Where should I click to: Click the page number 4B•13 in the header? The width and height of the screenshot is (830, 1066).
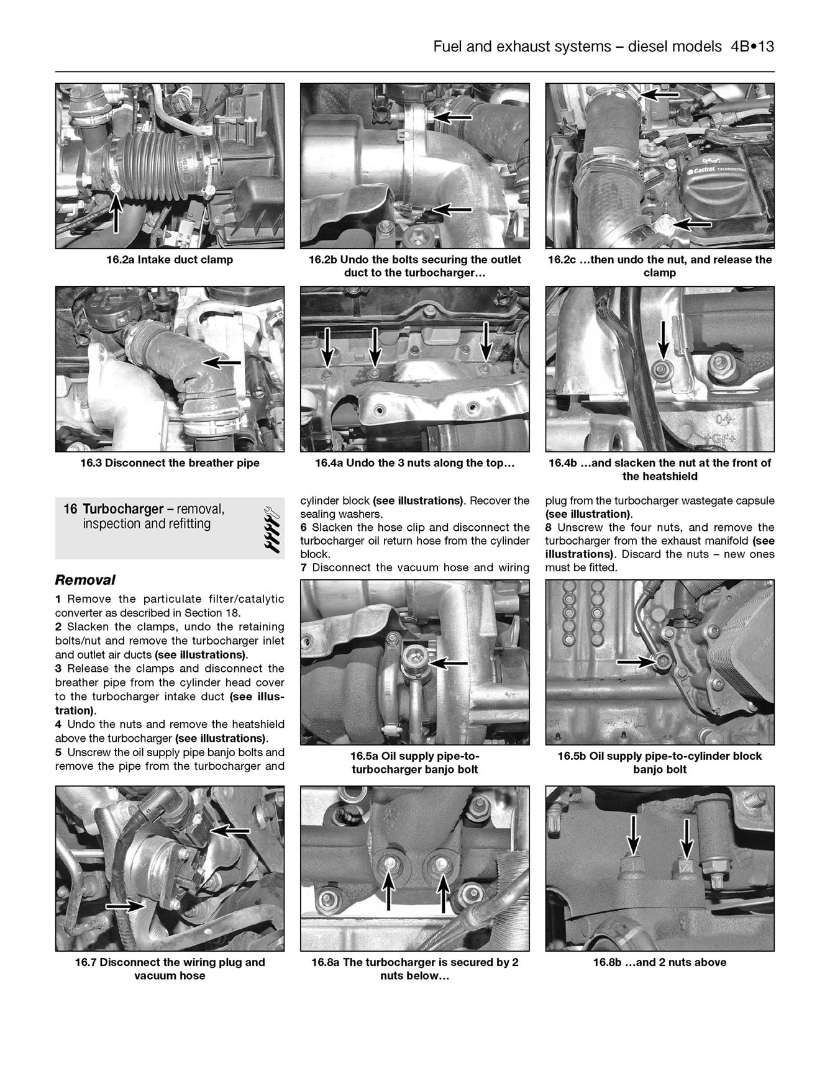pos(748,47)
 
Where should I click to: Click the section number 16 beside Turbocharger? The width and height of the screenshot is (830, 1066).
pos(70,510)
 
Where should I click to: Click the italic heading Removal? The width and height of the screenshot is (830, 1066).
pos(85,580)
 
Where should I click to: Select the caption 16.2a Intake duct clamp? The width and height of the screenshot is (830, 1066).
pos(170,260)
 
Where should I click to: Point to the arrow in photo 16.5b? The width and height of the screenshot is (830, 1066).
pos(637,662)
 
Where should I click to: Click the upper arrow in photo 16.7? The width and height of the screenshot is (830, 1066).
pos(230,830)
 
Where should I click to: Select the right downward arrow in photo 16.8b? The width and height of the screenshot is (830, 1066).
pos(686,838)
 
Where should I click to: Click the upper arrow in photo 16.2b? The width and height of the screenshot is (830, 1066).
pos(452,116)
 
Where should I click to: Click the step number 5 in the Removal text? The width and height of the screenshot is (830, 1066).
pos(58,752)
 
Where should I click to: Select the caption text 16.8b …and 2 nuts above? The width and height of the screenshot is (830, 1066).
pos(659,962)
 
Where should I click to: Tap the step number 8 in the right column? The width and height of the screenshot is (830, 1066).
pos(549,527)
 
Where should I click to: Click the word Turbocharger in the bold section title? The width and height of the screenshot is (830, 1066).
pos(123,510)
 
